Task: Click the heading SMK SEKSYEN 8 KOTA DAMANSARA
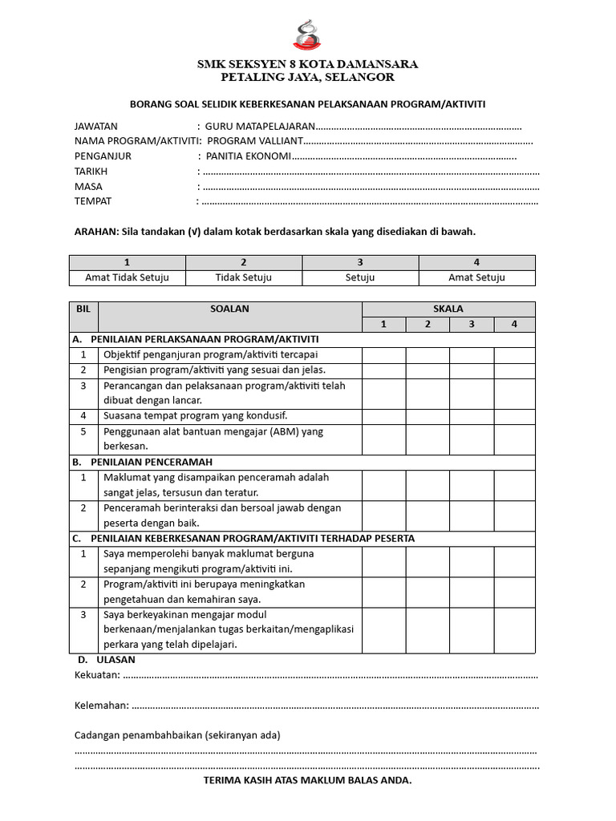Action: [x=308, y=64]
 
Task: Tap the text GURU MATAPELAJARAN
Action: [x=260, y=127]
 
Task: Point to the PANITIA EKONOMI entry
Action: [x=248, y=156]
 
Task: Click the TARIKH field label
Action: [x=91, y=172]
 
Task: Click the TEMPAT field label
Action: [x=93, y=201]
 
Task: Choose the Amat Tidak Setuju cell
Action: [x=128, y=277]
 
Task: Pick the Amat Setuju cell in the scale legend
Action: [x=476, y=277]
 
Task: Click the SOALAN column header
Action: [x=230, y=309]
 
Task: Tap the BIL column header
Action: [x=83, y=309]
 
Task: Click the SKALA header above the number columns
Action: [x=448, y=309]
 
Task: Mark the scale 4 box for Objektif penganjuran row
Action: [x=514, y=354]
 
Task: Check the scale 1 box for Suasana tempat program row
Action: [x=383, y=416]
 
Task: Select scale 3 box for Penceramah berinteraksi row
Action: [x=471, y=516]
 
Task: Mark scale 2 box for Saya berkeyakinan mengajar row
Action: [x=427, y=629]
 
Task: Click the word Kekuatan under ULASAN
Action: [x=97, y=674]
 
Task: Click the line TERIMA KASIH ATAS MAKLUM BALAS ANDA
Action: [x=308, y=780]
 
